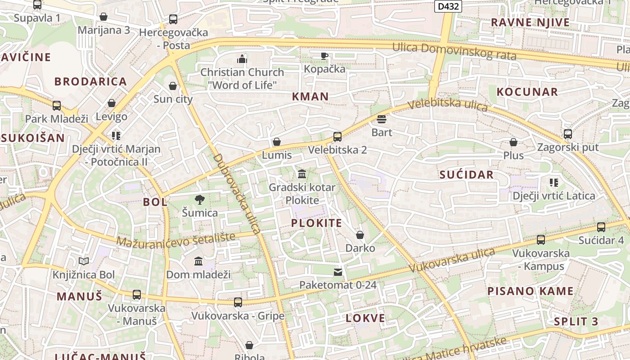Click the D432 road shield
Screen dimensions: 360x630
point(448,6)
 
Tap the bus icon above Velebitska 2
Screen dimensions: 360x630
point(337,137)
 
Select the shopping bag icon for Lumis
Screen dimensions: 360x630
point(277,142)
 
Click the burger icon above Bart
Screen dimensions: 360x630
point(382,119)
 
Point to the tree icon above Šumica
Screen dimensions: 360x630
point(200,199)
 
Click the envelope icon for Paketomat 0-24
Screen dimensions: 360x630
point(337,272)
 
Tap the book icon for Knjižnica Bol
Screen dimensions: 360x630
point(84,261)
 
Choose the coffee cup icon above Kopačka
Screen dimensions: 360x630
point(324,56)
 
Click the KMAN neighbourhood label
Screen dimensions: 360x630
point(310,96)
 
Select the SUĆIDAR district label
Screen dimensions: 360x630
point(467,175)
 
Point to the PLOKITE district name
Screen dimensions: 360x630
point(316,223)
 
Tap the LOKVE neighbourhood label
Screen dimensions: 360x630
point(365,319)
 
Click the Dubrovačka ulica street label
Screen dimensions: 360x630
point(237,194)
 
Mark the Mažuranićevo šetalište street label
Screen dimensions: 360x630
point(176,239)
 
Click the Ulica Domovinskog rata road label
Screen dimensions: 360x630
point(454,51)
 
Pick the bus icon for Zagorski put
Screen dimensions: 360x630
point(568,134)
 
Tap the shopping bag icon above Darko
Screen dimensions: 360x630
point(360,235)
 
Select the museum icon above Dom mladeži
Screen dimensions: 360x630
point(198,261)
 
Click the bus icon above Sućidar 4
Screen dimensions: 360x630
point(601,227)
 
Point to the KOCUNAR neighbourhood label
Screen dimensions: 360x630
point(527,92)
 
